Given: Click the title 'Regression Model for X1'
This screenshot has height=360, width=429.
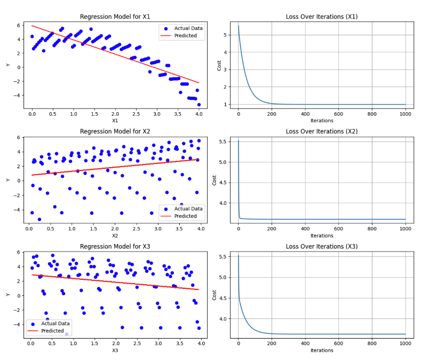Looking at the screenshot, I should click(115, 17).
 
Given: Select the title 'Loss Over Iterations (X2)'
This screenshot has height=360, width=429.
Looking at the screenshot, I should click(321, 131).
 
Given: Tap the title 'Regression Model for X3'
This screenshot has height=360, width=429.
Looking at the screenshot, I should click(115, 246).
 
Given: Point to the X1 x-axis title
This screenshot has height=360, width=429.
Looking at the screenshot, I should click(115, 121).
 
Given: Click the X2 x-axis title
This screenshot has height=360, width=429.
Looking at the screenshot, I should click(115, 236).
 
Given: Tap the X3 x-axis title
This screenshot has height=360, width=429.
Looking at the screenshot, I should click(115, 350).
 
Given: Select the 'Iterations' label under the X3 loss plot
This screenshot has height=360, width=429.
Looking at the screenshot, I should click(321, 350).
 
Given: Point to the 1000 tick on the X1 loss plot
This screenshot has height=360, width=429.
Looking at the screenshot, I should click(405, 113).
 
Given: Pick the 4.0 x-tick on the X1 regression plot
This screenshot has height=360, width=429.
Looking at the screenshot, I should click(198, 113).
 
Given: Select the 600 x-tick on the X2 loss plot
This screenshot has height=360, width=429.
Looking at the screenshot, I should click(338, 228).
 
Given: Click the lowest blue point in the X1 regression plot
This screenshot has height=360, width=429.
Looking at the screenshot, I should click(199, 105).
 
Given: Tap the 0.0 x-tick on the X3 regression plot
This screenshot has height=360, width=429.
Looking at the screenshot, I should click(31, 343).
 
